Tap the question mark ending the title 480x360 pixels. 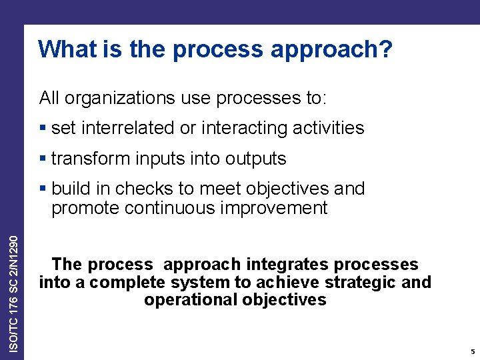tap(386, 49)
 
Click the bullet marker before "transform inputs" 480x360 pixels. tap(43, 159)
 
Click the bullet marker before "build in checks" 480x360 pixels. tap(43, 189)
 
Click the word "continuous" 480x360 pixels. tap(167, 208)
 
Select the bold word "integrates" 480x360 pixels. tap(278, 265)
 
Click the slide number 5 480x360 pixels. tap(472, 351)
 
